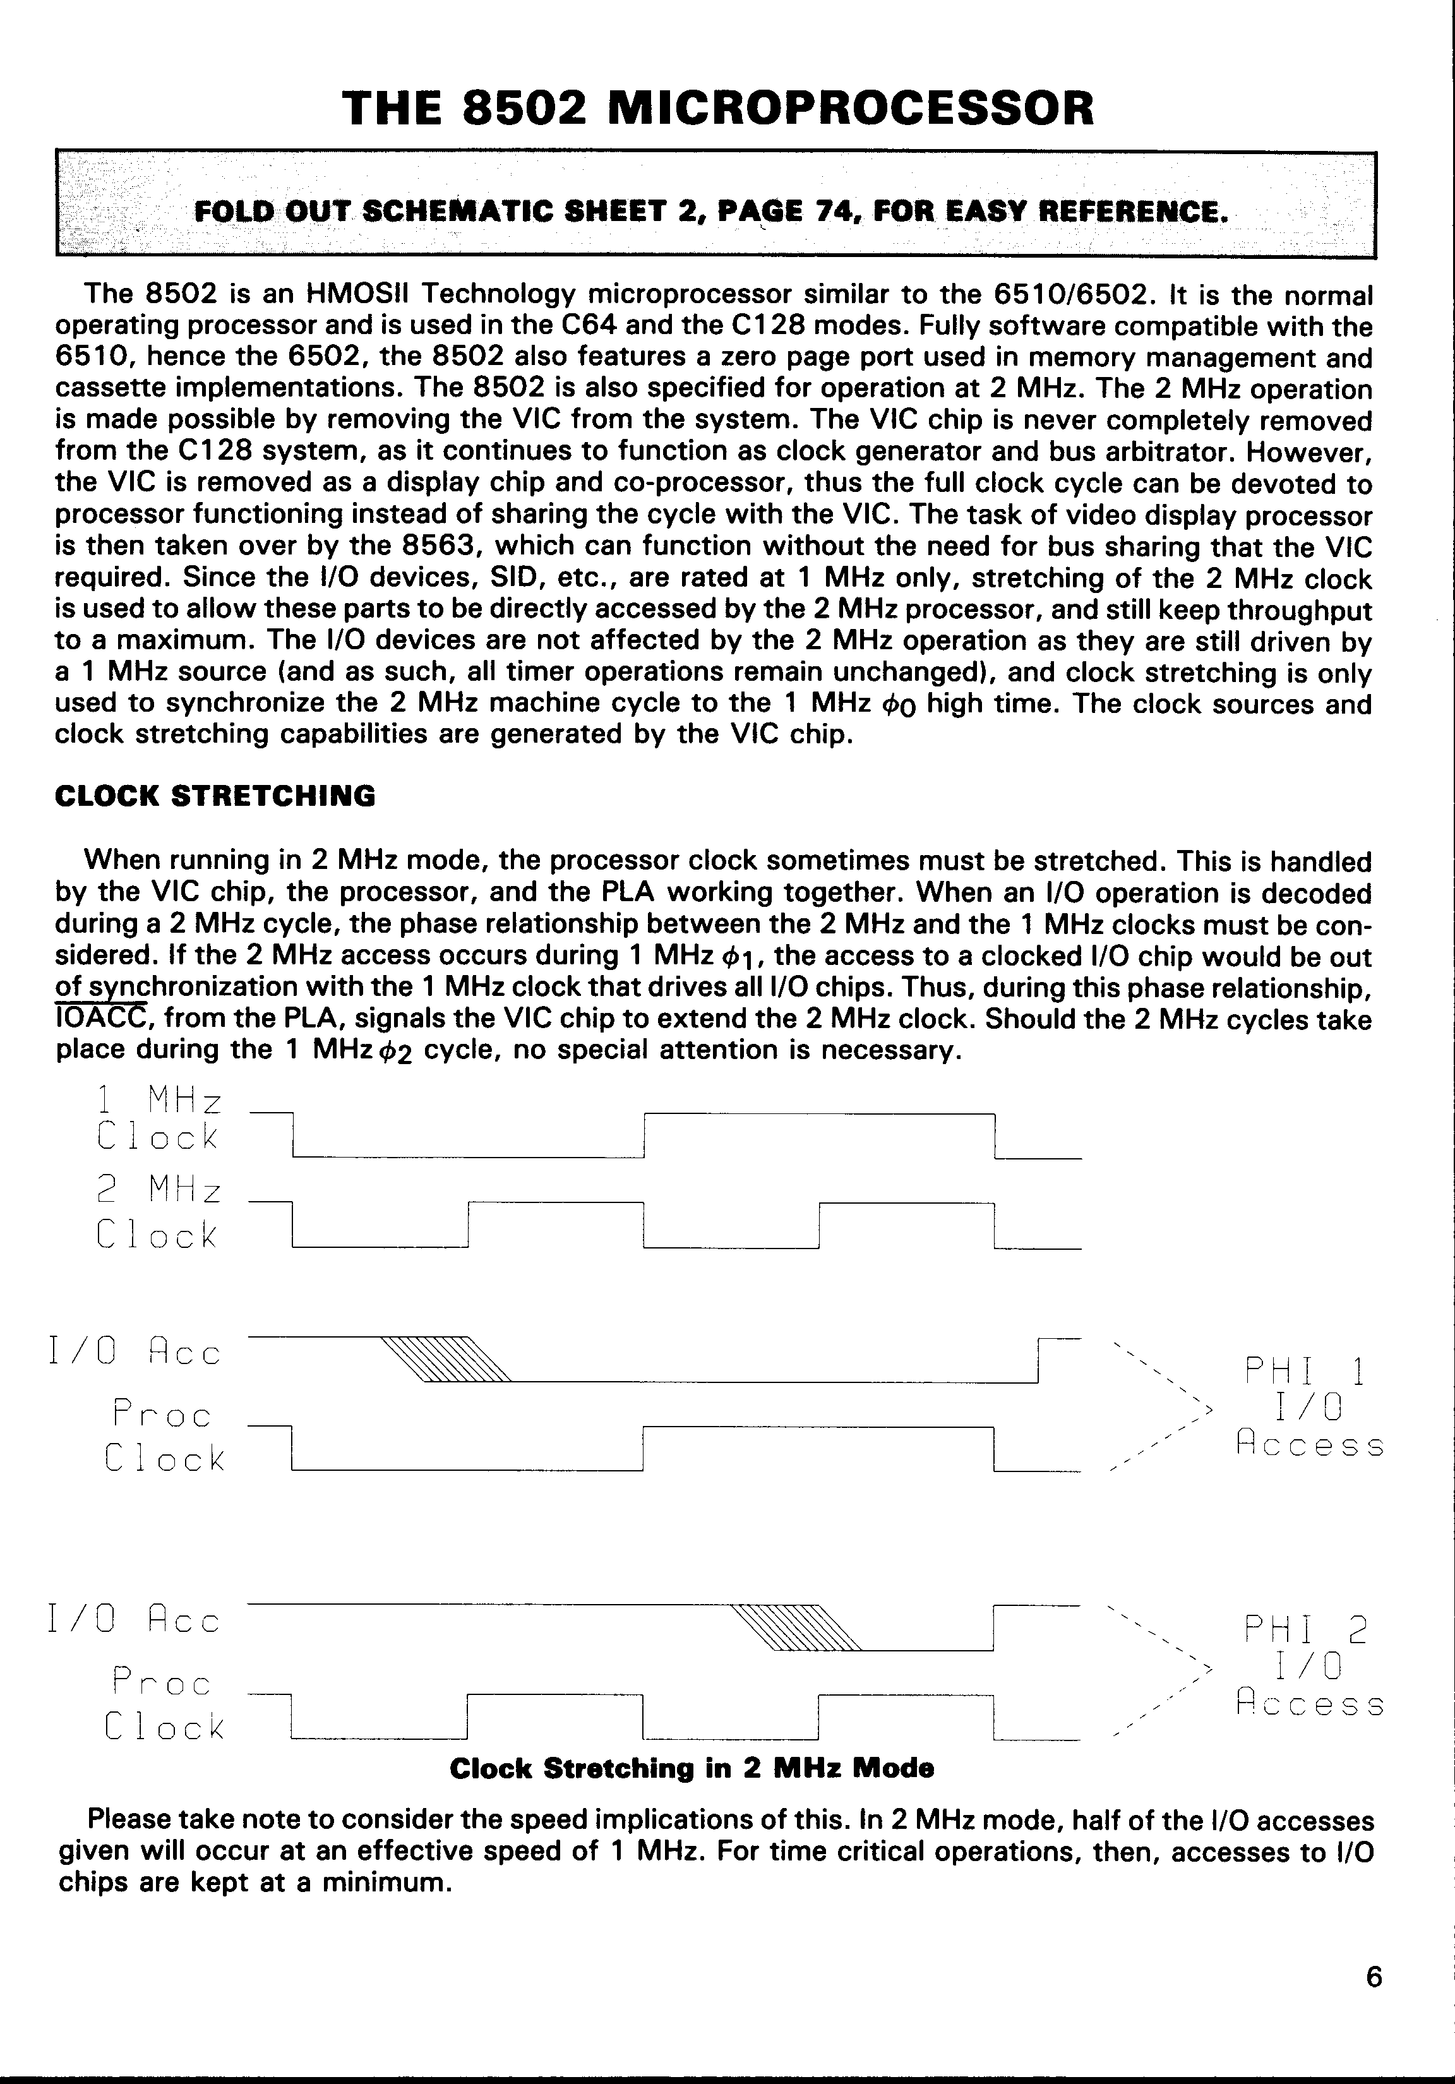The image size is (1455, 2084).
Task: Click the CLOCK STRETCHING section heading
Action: pos(215,796)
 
